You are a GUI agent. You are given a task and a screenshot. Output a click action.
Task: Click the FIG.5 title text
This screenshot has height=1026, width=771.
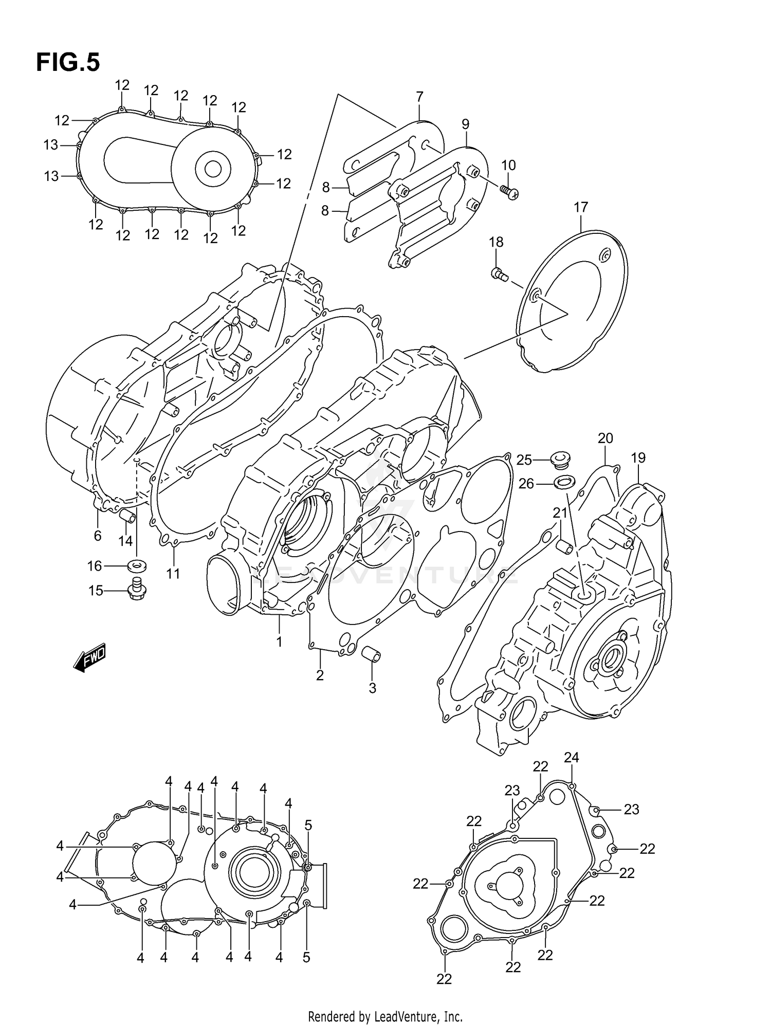pos(68,63)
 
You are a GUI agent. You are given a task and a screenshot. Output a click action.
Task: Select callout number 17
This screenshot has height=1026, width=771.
pos(580,208)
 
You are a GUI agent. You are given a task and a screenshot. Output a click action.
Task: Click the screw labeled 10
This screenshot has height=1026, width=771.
pos(509,192)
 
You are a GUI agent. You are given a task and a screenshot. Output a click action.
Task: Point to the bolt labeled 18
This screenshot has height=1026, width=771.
pos(499,274)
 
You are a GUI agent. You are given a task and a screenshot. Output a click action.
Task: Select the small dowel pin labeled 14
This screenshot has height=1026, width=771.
pos(127,516)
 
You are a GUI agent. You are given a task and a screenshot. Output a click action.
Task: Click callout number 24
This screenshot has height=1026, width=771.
pos(572,757)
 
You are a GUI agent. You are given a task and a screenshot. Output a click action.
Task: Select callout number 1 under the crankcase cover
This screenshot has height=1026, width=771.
pos(279,642)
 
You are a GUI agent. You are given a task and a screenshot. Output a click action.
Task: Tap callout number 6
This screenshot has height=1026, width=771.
pos(98,536)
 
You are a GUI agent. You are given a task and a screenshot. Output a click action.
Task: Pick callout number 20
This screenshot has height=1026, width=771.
pos(605,438)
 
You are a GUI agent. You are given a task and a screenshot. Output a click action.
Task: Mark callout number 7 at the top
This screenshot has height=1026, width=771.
pos(419,97)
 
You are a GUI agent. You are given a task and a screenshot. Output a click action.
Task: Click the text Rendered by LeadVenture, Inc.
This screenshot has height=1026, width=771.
pos(385,1016)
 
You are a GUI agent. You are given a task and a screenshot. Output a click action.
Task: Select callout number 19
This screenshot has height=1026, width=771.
pos(638,457)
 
